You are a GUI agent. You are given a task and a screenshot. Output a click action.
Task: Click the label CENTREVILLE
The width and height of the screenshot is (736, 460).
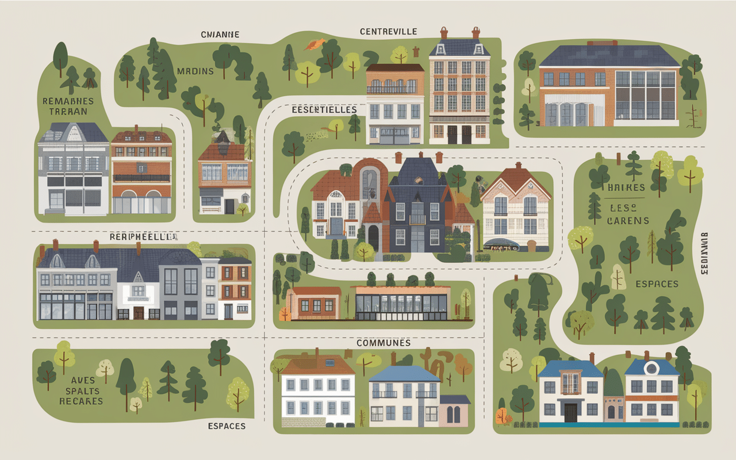point(388,31)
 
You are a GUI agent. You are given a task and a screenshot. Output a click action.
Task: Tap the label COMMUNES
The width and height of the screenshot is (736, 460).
point(384,343)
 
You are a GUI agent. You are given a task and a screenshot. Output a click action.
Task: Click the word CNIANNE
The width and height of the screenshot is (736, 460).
point(220,34)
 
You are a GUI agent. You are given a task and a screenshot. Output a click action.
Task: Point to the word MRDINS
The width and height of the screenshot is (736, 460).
point(195,71)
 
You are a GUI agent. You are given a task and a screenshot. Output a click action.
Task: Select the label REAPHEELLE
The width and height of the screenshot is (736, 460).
point(144,236)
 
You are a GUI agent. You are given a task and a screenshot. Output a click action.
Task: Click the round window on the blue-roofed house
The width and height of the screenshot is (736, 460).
point(651,368)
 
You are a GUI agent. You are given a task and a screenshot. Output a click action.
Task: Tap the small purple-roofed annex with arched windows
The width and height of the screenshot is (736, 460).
point(454,411)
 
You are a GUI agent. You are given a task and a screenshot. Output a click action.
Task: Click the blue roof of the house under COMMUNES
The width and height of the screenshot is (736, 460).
point(404,374)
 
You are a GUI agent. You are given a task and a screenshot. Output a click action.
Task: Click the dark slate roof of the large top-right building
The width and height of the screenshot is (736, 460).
point(609,56)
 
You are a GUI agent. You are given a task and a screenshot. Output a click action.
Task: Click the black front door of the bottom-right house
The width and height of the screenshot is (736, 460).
point(570,412)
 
